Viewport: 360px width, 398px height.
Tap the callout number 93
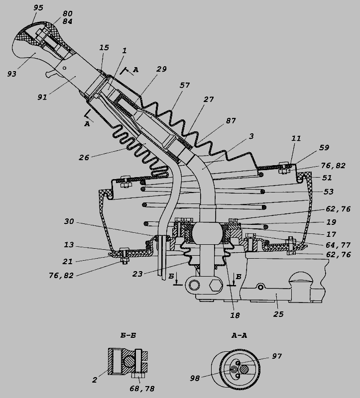11,73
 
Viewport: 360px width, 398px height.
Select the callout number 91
42,97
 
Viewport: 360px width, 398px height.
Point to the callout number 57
185,85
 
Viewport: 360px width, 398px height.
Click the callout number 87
231,121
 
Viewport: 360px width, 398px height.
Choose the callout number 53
328,192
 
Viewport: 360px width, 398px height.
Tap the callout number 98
194,379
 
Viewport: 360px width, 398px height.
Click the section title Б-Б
129,335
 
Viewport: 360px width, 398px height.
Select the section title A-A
240,335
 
